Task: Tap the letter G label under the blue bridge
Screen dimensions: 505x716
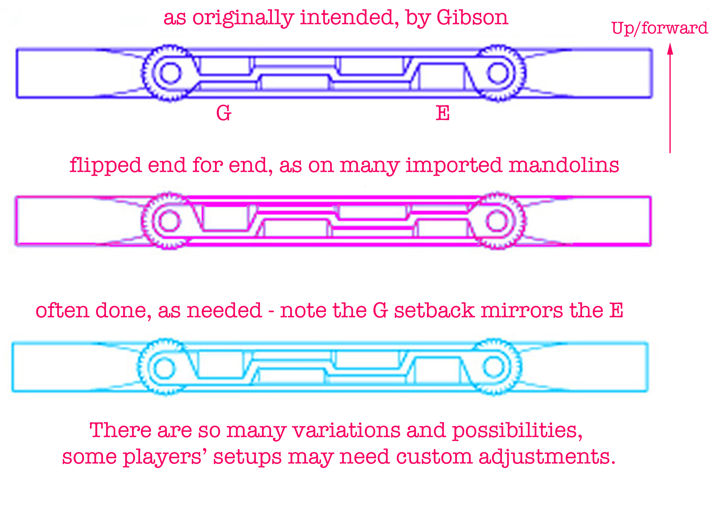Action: coord(224,113)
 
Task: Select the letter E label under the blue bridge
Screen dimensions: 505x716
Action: coord(443,113)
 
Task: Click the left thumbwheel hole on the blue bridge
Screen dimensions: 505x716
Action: coord(170,73)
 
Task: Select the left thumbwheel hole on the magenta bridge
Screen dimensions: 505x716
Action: coord(169,221)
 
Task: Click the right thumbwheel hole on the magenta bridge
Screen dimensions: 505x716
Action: coord(497,221)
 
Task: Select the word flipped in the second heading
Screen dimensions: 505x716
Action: coord(105,166)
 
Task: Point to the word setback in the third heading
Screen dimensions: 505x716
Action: coord(434,311)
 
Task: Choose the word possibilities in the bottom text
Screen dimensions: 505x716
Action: coord(517,431)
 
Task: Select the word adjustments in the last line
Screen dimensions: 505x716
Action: coord(547,458)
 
